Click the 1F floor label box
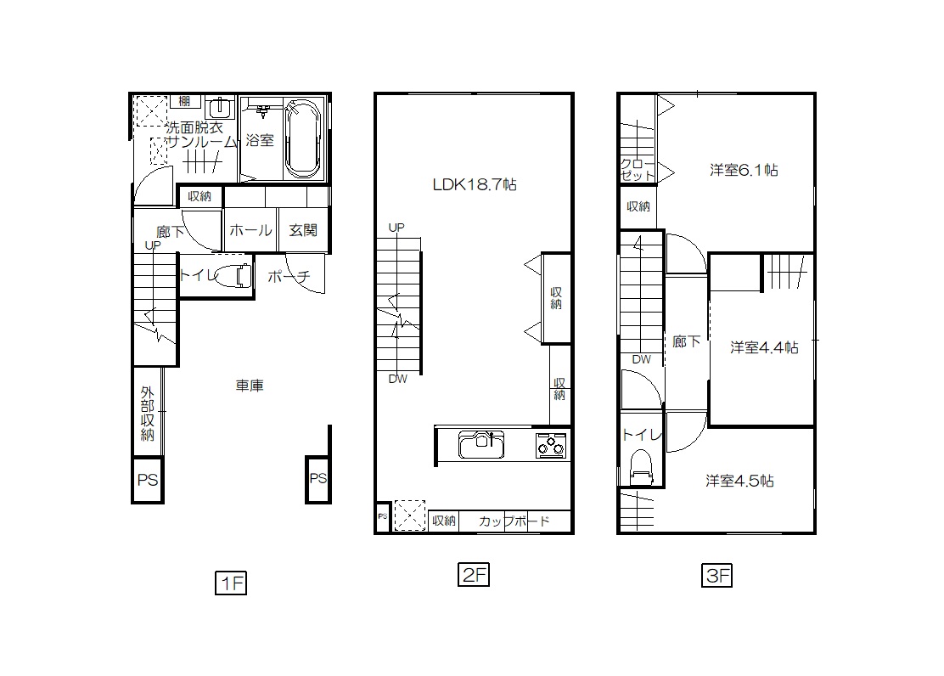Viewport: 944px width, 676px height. (231, 583)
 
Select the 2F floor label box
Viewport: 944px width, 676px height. (473, 574)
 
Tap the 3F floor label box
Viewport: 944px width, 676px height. (716, 575)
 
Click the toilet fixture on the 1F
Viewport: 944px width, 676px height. (232, 276)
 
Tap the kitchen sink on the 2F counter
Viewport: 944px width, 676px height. (481, 445)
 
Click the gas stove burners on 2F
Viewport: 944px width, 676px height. (551, 446)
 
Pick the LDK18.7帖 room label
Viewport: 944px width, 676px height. (475, 184)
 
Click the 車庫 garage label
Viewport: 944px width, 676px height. (250, 385)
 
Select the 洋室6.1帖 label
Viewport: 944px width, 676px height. (744, 170)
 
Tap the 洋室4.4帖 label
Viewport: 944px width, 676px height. (764, 347)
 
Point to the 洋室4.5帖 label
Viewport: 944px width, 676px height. (739, 480)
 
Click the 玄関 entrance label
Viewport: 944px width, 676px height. (303, 229)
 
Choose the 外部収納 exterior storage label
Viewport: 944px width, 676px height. (148, 414)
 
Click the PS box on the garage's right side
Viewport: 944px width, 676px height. (317, 479)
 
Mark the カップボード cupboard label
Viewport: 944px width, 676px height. (514, 521)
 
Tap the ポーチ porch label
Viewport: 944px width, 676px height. (289, 276)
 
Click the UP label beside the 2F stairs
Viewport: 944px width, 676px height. (396, 227)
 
